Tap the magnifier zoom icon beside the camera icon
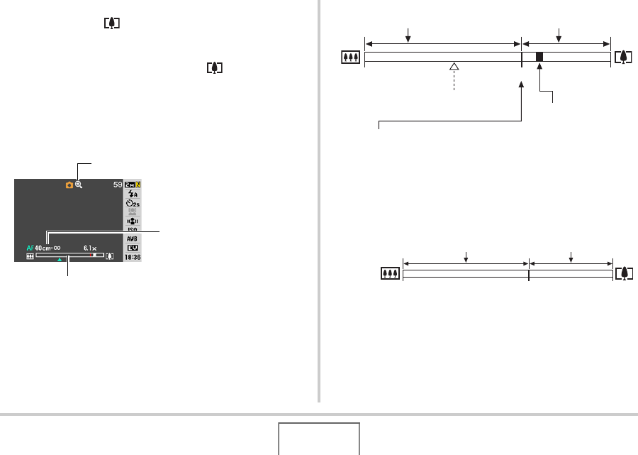[x=79, y=185]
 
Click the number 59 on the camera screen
[x=118, y=185]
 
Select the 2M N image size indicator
[x=133, y=185]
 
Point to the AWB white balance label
[x=133, y=239]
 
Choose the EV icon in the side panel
[x=133, y=248]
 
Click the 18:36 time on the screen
[x=133, y=258]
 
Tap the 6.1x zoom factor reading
[x=90, y=248]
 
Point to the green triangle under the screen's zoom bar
[x=60, y=261]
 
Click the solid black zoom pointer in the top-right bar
[x=539, y=57]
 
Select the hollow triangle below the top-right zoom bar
[x=454, y=67]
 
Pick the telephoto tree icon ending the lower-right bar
[x=625, y=273]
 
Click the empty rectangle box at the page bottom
[x=318, y=439]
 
